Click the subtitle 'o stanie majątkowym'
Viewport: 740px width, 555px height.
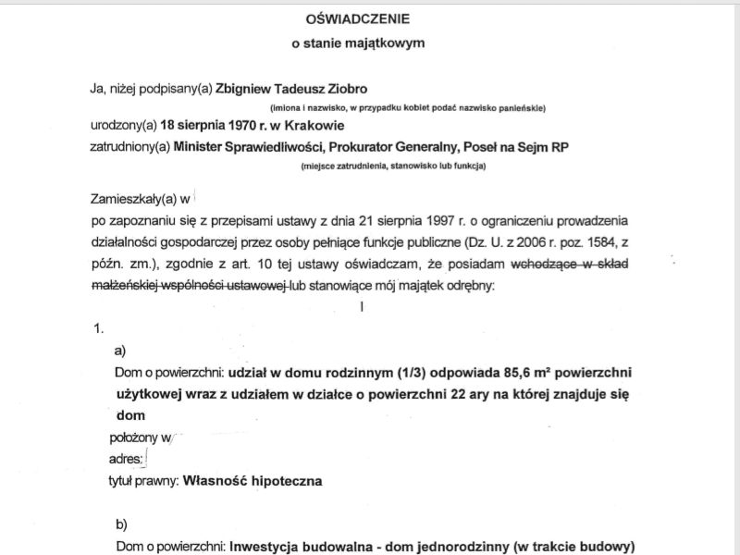click(369, 42)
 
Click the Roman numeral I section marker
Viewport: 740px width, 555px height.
click(364, 305)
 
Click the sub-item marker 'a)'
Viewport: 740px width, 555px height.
click(119, 351)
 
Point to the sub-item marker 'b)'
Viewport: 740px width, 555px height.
click(121, 524)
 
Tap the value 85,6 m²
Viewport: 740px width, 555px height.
click(521, 374)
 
